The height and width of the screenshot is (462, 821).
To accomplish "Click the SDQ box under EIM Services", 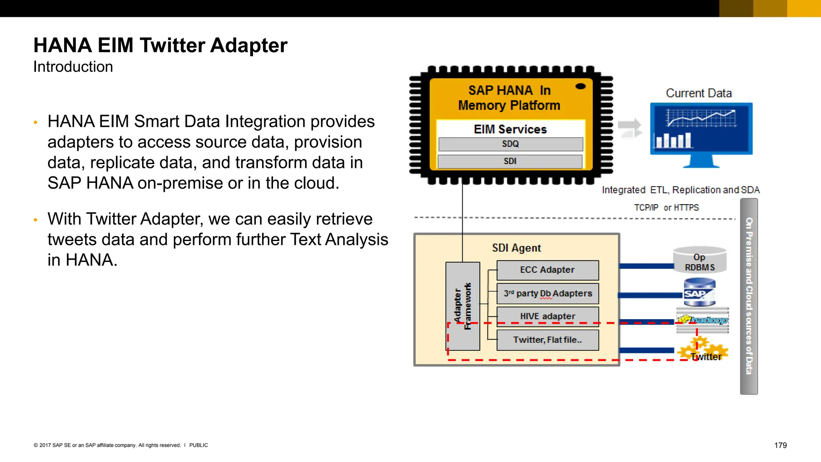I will [x=510, y=144].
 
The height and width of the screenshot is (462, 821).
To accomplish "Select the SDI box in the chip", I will [x=510, y=161].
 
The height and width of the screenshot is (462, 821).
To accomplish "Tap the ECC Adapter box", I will [x=547, y=270].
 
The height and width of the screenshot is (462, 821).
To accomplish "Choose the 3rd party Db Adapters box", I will [x=548, y=294].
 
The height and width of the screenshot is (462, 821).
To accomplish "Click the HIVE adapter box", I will [x=548, y=316].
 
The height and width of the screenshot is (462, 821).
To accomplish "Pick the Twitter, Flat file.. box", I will [x=547, y=340].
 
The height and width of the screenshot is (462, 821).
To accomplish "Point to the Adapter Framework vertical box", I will [x=463, y=306].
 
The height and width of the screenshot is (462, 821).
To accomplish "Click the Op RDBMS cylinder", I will [x=700, y=261].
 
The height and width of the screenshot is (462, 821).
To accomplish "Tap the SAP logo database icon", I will [x=699, y=293].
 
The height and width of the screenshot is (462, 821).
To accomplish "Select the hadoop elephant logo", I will [x=702, y=320].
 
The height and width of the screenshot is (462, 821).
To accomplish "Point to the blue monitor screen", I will [x=701, y=128].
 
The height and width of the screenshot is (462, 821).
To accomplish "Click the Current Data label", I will [x=699, y=93].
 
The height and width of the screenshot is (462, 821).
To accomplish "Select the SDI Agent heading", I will [x=516, y=248].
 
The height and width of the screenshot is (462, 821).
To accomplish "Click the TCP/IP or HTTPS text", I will [x=666, y=208].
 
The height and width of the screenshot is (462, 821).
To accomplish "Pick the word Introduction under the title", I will [x=73, y=67].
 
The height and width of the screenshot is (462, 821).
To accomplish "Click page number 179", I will [x=780, y=445].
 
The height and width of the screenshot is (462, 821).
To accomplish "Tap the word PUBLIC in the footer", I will [x=198, y=445].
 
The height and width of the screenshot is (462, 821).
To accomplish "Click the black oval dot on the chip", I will [x=580, y=86].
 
